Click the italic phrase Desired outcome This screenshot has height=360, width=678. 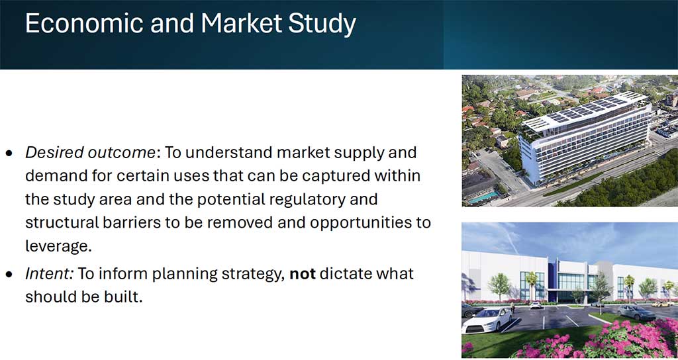pyautogui.click(x=90, y=153)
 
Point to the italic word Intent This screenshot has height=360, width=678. pyautogui.click(x=49, y=273)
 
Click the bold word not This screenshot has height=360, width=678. pyautogui.click(x=303, y=274)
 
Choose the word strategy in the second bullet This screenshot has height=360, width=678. pyautogui.click(x=249, y=275)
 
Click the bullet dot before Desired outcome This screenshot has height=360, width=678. pyautogui.click(x=9, y=154)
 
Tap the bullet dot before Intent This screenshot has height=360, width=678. pyautogui.click(x=9, y=275)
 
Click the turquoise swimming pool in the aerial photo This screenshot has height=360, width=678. pyautogui.click(x=483, y=197)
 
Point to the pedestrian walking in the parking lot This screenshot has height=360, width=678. pyautogui.click(x=512, y=307)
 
